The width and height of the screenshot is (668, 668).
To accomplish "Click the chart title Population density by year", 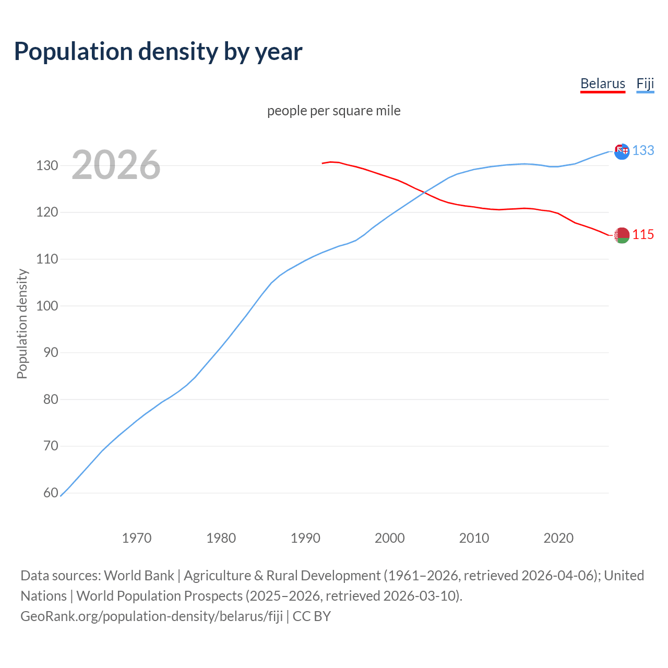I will pyautogui.click(x=158, y=51).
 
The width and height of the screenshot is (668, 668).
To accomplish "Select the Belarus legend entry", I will pyautogui.click(x=602, y=83).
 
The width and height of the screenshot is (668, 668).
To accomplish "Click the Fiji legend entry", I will pyautogui.click(x=645, y=83).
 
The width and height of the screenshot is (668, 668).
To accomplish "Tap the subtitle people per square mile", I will pyautogui.click(x=333, y=111).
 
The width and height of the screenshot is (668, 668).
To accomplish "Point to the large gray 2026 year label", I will pyautogui.click(x=116, y=165).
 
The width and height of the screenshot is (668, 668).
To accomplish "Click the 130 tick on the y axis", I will pyautogui.click(x=47, y=166).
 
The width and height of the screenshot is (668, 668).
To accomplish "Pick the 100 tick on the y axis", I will pyautogui.click(x=47, y=306).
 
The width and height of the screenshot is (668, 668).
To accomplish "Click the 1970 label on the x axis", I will pyautogui.click(x=137, y=538).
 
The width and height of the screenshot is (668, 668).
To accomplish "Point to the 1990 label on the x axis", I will pyautogui.click(x=305, y=538).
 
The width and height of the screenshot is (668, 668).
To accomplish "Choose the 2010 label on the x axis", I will pyautogui.click(x=474, y=538).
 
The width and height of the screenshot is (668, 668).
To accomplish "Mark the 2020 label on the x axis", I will pyautogui.click(x=558, y=538).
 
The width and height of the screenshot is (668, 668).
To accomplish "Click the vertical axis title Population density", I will pyautogui.click(x=22, y=324).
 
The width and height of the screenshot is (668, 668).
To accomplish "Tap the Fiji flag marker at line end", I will pyautogui.click(x=622, y=151).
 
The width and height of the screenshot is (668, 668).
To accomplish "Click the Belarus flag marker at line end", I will pyautogui.click(x=622, y=235).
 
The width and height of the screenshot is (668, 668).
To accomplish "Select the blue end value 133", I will pyautogui.click(x=643, y=150).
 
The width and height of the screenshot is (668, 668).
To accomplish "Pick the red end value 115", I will pyautogui.click(x=643, y=235).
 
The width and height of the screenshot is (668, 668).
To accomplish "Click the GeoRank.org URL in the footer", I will pyautogui.click(x=151, y=616).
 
